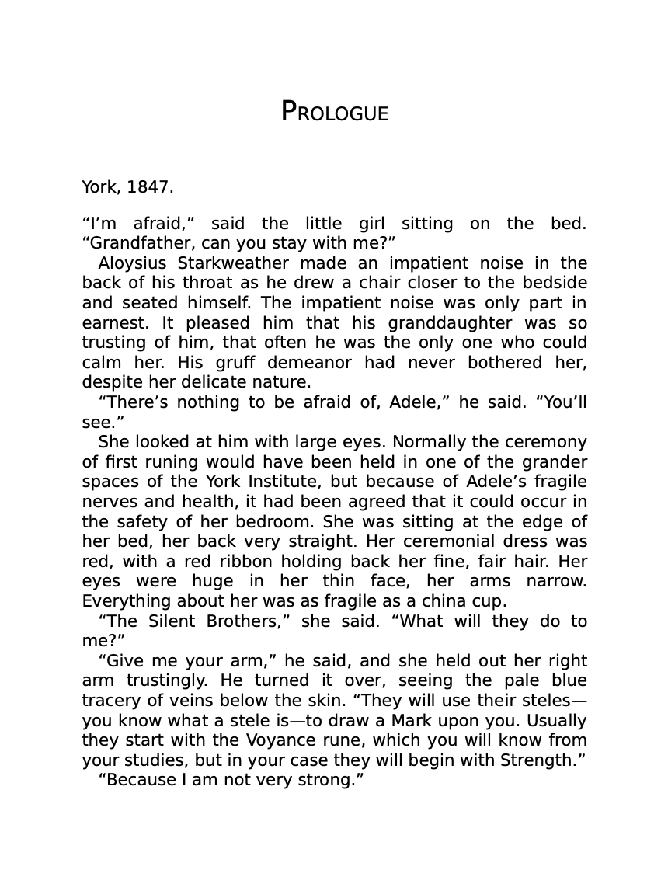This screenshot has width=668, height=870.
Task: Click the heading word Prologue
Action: [x=334, y=112]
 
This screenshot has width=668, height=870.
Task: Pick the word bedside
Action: [x=555, y=283]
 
